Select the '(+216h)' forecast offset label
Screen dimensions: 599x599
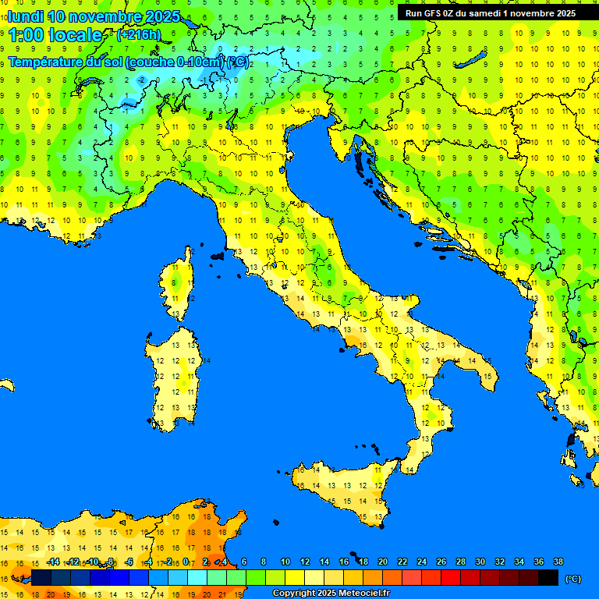[138, 35]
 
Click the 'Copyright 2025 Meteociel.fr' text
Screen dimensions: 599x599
[331, 594]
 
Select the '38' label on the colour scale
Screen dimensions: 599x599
[558, 562]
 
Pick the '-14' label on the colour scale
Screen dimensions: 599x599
[54, 562]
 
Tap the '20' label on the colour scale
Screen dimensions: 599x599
[382, 562]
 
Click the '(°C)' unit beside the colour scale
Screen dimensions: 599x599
[572, 578]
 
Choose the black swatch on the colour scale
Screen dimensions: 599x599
[548, 577]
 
